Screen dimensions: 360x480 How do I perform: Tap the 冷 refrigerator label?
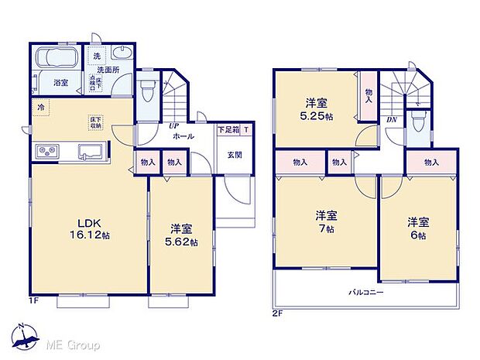(x=39, y=108)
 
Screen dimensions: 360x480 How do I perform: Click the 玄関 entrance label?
(x=235, y=153)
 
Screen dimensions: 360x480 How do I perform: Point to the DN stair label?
(x=393, y=120)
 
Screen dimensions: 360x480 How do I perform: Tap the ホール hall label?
(x=183, y=136)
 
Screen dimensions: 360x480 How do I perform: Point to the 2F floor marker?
(x=277, y=314)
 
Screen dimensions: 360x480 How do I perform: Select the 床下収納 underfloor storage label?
(x=97, y=122)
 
